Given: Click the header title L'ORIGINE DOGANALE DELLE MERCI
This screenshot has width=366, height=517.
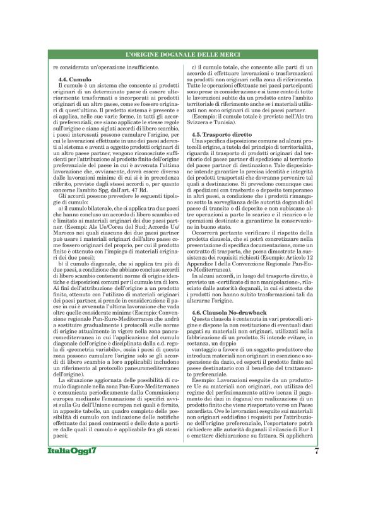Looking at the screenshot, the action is (183, 56).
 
